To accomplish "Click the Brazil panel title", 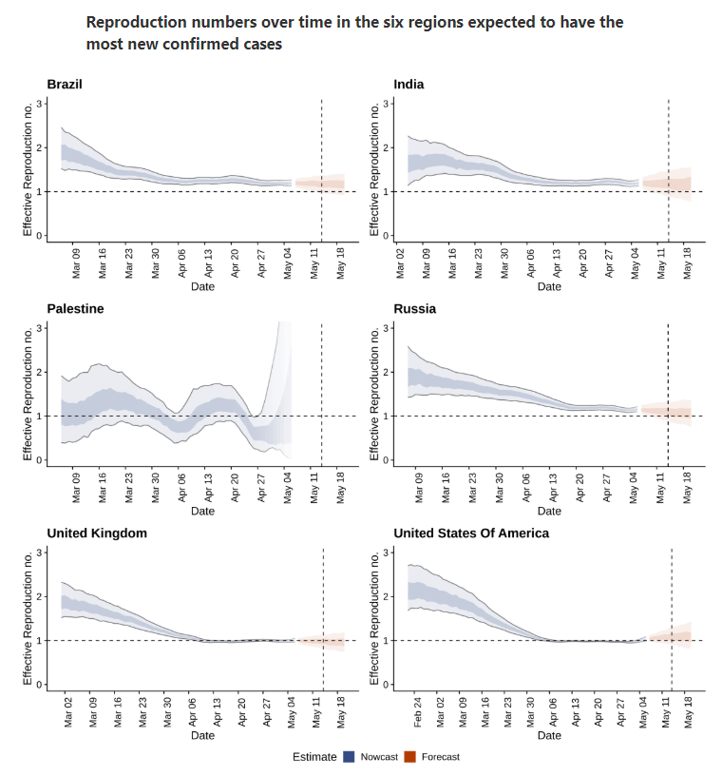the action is tap(65, 84).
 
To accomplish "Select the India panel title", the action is tap(408, 84).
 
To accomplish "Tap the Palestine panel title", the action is tap(75, 309).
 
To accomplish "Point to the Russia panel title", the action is tap(414, 309).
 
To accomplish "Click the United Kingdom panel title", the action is tap(97, 533).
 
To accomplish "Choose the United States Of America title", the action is tap(471, 533).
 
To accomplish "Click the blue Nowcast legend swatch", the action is tap(350, 757).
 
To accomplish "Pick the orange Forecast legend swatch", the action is tap(410, 757).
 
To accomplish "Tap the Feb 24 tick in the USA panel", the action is tap(417, 712).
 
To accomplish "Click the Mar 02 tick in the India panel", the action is tap(400, 263).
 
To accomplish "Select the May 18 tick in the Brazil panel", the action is tap(340, 263).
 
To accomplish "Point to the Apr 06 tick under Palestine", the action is tap(181, 488).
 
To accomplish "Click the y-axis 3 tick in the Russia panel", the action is tap(386, 328).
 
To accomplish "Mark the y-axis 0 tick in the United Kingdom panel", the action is tap(39, 685).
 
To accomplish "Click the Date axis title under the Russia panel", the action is tap(549, 511).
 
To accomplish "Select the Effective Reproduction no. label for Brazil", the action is tap(28, 169).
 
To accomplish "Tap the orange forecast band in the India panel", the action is tap(667, 184).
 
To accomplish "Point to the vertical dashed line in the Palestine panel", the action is tap(321, 395).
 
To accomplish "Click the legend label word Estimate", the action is tap(314, 757).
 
